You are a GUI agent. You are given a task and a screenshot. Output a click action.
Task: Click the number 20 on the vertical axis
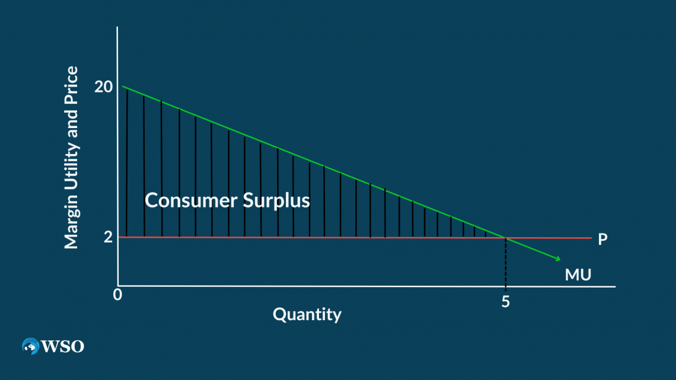pyautogui.click(x=103, y=87)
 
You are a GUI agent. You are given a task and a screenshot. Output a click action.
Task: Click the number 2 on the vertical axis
pyautogui.click(x=108, y=237)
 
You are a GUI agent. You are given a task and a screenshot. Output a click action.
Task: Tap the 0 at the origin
pyautogui.click(x=118, y=294)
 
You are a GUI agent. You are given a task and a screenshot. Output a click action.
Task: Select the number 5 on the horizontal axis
pyautogui.click(x=505, y=301)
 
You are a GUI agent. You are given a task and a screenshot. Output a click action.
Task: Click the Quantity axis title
pyautogui.click(x=307, y=314)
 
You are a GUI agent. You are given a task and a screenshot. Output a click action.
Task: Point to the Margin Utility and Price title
pyautogui.click(x=71, y=158)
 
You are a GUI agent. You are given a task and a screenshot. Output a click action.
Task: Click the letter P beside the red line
pyautogui.click(x=602, y=240)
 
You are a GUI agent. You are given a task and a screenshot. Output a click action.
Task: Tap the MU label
pyautogui.click(x=578, y=274)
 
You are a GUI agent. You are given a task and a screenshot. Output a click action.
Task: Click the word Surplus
pyautogui.click(x=276, y=201)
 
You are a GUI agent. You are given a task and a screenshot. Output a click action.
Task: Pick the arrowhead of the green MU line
pyautogui.click(x=557, y=258)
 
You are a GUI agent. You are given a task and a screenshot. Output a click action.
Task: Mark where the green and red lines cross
pyautogui.click(x=505, y=238)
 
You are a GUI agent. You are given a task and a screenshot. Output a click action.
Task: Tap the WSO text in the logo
pyautogui.click(x=62, y=346)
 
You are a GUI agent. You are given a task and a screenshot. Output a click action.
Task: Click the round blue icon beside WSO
pyautogui.click(x=30, y=346)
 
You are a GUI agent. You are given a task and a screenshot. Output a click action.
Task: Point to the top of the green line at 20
pyautogui.click(x=123, y=87)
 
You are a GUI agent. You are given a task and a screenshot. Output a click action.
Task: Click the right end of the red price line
pyautogui.click(x=591, y=238)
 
